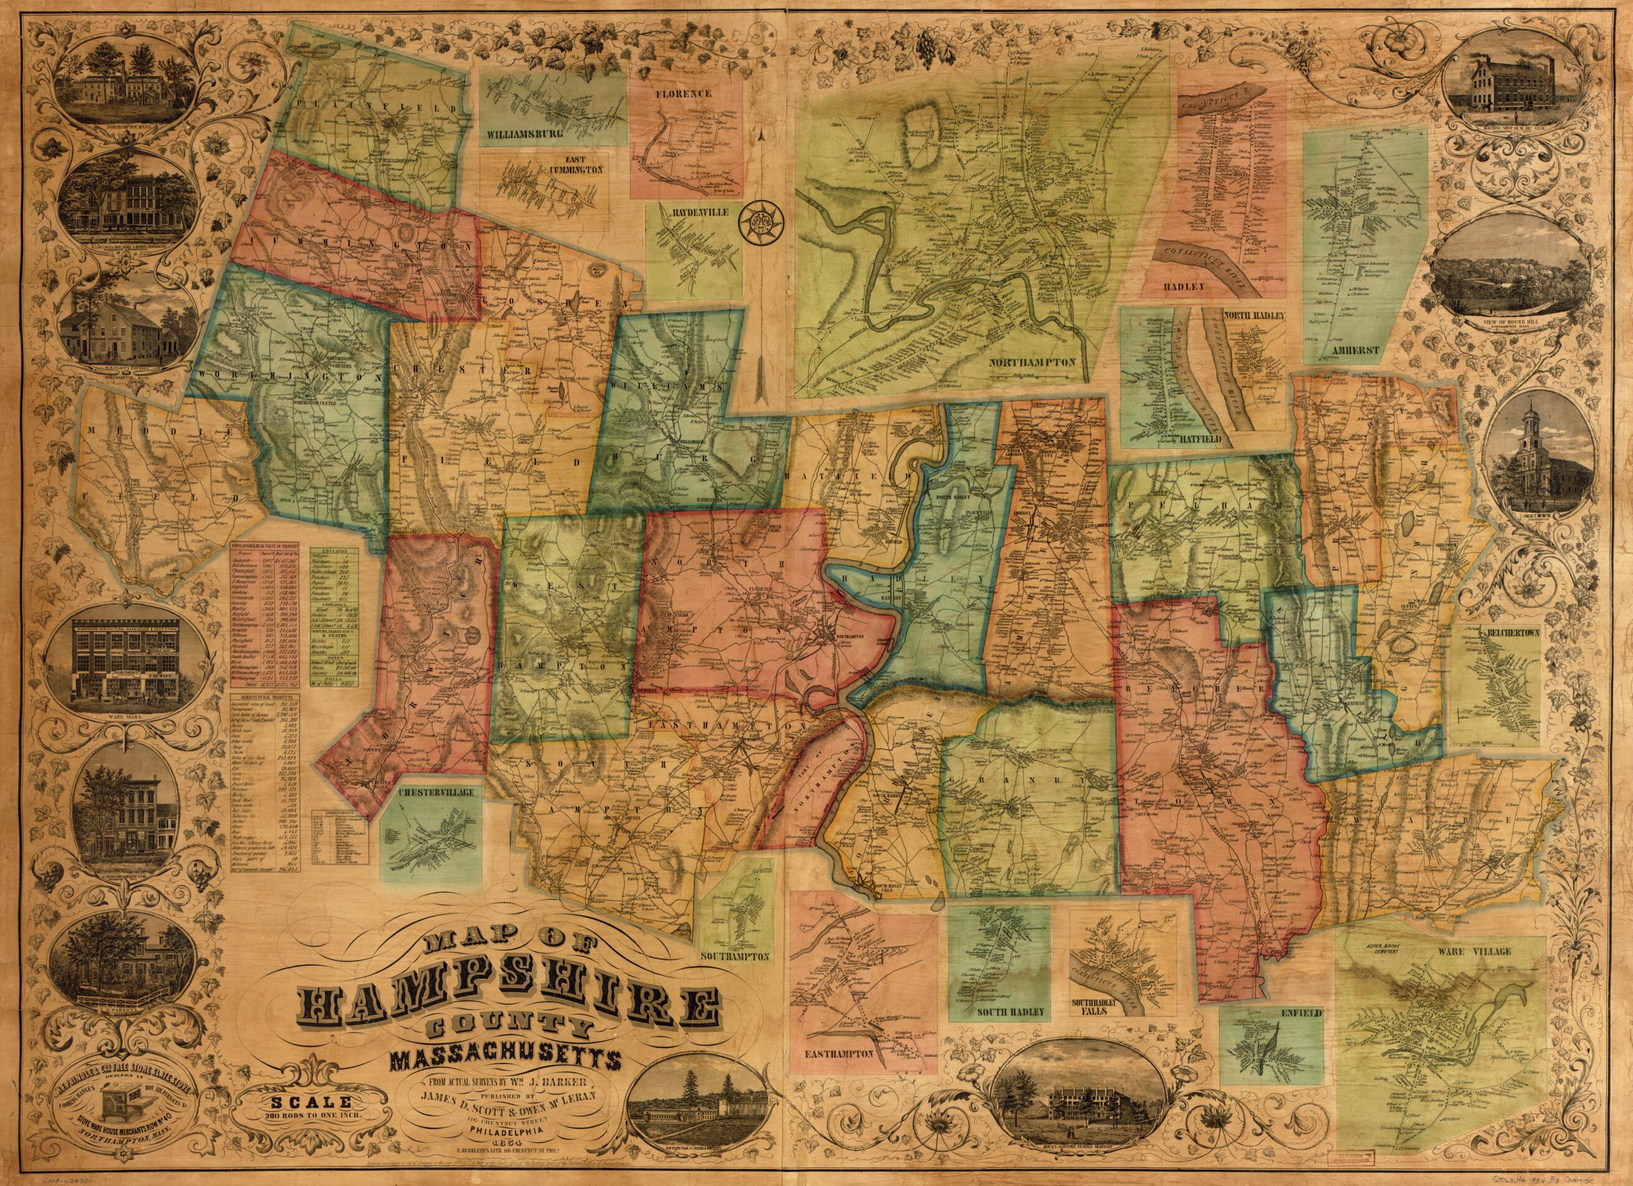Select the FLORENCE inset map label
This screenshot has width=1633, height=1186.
[684, 93]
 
